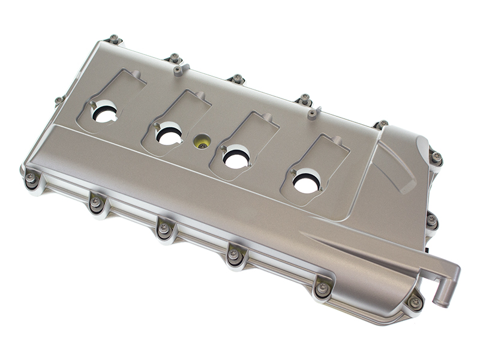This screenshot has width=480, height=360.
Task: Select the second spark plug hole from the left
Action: coord(170,134)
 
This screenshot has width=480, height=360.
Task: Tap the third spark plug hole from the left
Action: coord(236,158)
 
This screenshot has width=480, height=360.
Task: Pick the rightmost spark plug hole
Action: coord(307,182)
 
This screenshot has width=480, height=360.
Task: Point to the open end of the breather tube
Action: coord(443,301)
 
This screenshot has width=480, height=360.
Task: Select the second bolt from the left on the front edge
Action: coord(96,202)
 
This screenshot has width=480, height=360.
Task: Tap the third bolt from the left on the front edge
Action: coord(163,228)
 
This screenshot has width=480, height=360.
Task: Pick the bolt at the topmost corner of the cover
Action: coord(114,39)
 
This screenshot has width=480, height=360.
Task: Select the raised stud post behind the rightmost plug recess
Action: coord(312,113)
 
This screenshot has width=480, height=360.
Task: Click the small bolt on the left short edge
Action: coord(59,100)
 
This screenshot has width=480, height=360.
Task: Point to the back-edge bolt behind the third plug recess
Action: coord(238,79)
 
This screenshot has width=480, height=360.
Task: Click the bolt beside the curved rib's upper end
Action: coord(436,157)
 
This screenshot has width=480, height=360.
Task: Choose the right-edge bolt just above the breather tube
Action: coord(431,220)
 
